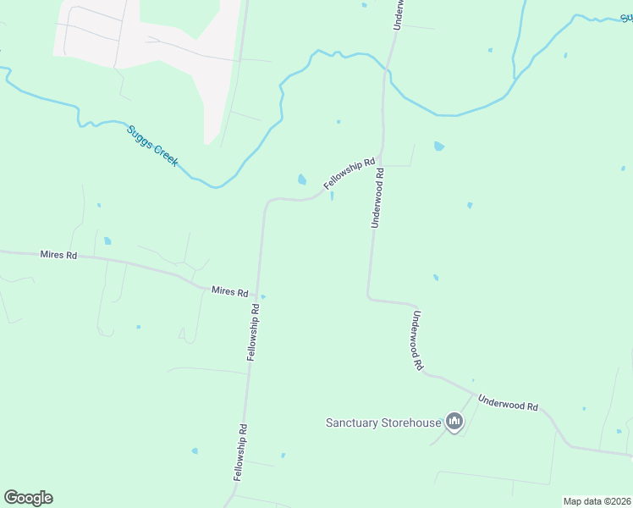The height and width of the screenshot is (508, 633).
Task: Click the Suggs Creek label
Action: (x=152, y=146)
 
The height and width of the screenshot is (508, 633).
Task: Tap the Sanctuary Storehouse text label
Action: (x=383, y=422)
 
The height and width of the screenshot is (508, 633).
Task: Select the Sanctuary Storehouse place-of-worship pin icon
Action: (x=454, y=422)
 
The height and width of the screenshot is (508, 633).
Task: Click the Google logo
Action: (x=28, y=498)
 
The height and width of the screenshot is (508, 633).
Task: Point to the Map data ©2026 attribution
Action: (x=597, y=501)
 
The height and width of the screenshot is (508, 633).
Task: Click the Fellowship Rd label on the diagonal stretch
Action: (x=349, y=174)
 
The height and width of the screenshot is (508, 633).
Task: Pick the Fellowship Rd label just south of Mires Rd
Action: (x=253, y=334)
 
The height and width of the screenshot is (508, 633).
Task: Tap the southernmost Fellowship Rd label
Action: (x=241, y=453)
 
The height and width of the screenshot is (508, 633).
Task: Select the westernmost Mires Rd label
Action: (x=58, y=255)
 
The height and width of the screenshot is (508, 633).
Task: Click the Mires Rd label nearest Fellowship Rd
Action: (x=229, y=292)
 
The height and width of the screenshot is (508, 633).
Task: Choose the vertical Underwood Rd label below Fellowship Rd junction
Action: (x=377, y=197)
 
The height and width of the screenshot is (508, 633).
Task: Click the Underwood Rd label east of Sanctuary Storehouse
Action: (x=508, y=406)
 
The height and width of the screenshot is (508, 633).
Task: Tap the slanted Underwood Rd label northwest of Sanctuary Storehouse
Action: (x=418, y=342)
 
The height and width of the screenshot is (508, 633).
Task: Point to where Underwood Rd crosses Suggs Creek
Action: (x=385, y=74)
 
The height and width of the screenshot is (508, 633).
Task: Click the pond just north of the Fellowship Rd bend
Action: (x=301, y=179)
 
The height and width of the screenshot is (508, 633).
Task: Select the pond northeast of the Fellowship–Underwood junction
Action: (x=438, y=146)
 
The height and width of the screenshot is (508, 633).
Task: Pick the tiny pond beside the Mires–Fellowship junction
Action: (x=264, y=296)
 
